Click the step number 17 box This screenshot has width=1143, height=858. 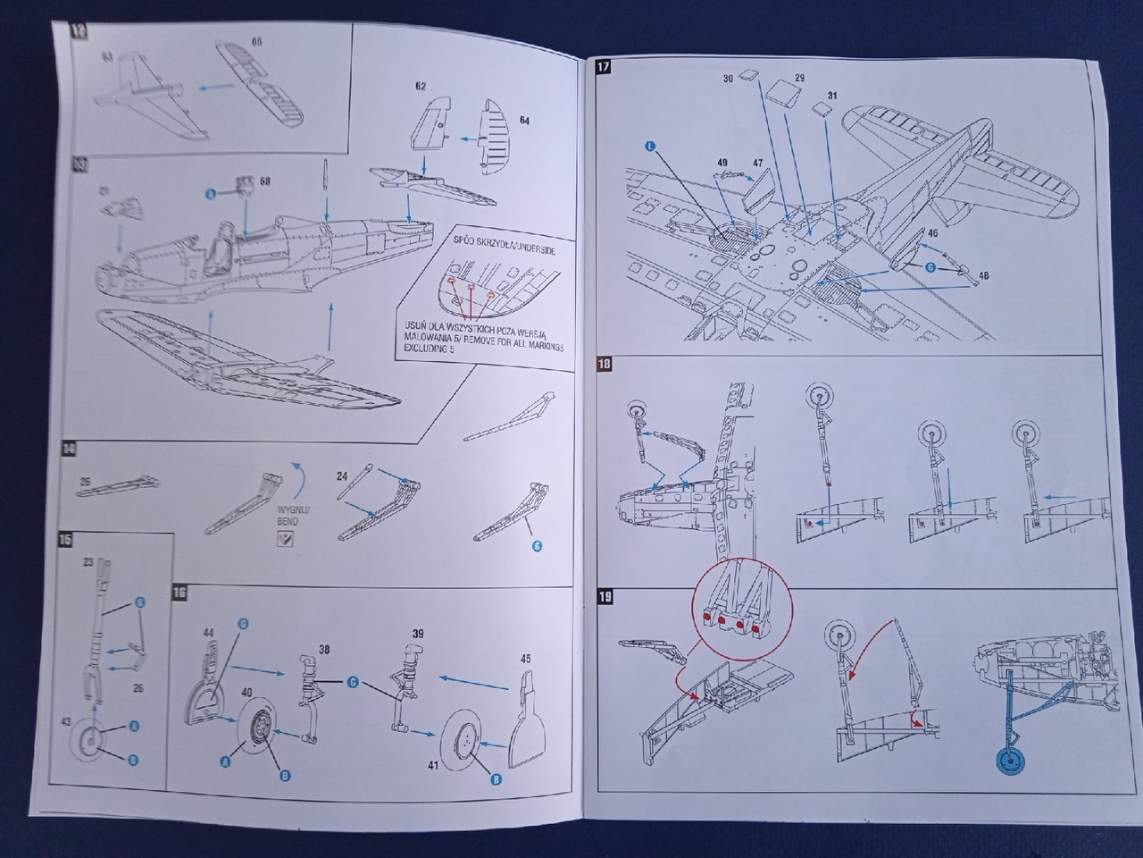(604, 66)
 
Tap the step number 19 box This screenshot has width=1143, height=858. (605, 596)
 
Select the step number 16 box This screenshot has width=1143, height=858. (179, 593)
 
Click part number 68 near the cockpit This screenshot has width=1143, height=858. (265, 181)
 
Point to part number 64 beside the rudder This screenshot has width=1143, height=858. (524, 120)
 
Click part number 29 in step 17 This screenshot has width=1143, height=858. (799, 79)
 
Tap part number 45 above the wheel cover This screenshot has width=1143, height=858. (525, 659)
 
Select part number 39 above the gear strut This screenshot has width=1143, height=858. (418, 634)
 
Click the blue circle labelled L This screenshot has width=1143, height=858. (649, 145)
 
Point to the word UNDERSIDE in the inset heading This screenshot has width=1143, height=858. (527, 251)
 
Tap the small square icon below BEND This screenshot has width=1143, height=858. (285, 540)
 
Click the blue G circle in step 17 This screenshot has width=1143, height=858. (930, 266)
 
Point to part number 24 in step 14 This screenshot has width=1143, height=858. (342, 476)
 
